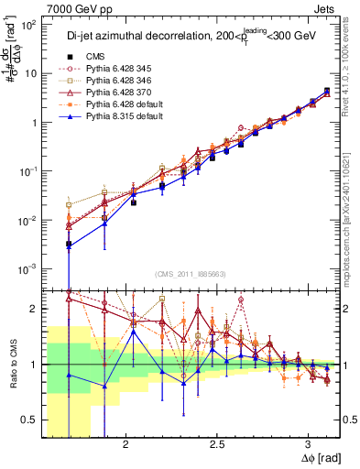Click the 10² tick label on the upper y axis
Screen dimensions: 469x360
pos(30,26)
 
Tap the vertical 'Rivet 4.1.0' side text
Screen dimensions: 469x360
pos(351,64)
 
